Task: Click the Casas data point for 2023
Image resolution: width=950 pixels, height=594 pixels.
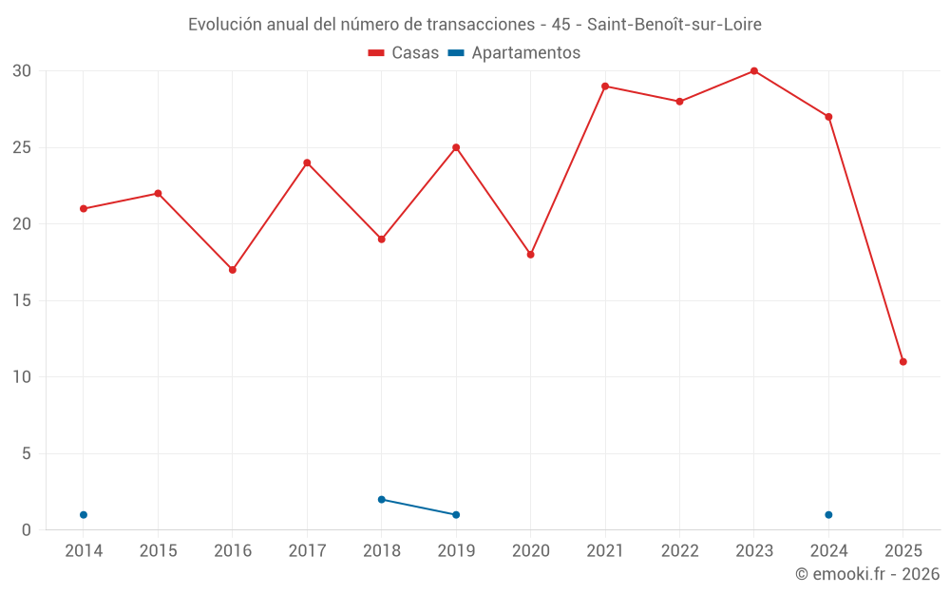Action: click(753, 71)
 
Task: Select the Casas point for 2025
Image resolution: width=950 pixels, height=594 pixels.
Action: click(902, 361)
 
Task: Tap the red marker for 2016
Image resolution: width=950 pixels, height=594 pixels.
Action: click(232, 270)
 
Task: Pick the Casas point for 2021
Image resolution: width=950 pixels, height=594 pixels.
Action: click(604, 86)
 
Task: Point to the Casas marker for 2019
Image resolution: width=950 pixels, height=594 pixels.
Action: click(456, 147)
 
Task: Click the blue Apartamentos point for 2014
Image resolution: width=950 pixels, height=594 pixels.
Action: click(84, 515)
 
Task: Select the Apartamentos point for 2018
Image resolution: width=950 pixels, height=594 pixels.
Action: click(381, 499)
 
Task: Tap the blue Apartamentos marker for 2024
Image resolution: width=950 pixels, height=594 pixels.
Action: click(828, 515)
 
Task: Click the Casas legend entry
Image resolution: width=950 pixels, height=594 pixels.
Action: click(404, 53)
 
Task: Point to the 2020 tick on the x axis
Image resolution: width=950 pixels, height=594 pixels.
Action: click(530, 551)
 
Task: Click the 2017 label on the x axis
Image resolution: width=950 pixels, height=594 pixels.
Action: click(307, 551)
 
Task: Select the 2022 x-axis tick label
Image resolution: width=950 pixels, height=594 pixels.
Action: click(679, 551)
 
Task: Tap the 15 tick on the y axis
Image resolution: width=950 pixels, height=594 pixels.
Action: click(22, 301)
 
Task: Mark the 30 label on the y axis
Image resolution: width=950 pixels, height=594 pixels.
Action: click(22, 71)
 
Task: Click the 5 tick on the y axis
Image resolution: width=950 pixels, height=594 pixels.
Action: click(27, 454)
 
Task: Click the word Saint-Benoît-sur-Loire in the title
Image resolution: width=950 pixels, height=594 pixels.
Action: click(680, 24)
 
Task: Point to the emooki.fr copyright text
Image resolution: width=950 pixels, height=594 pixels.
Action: click(867, 574)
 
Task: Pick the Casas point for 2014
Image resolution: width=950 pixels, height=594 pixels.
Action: click(84, 208)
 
